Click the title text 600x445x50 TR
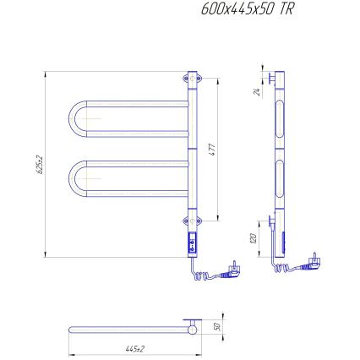point(248,10)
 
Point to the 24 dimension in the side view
point(256,92)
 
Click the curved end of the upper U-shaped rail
point(70,118)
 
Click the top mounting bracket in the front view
point(190,80)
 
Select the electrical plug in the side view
point(314,259)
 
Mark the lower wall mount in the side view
point(270,221)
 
